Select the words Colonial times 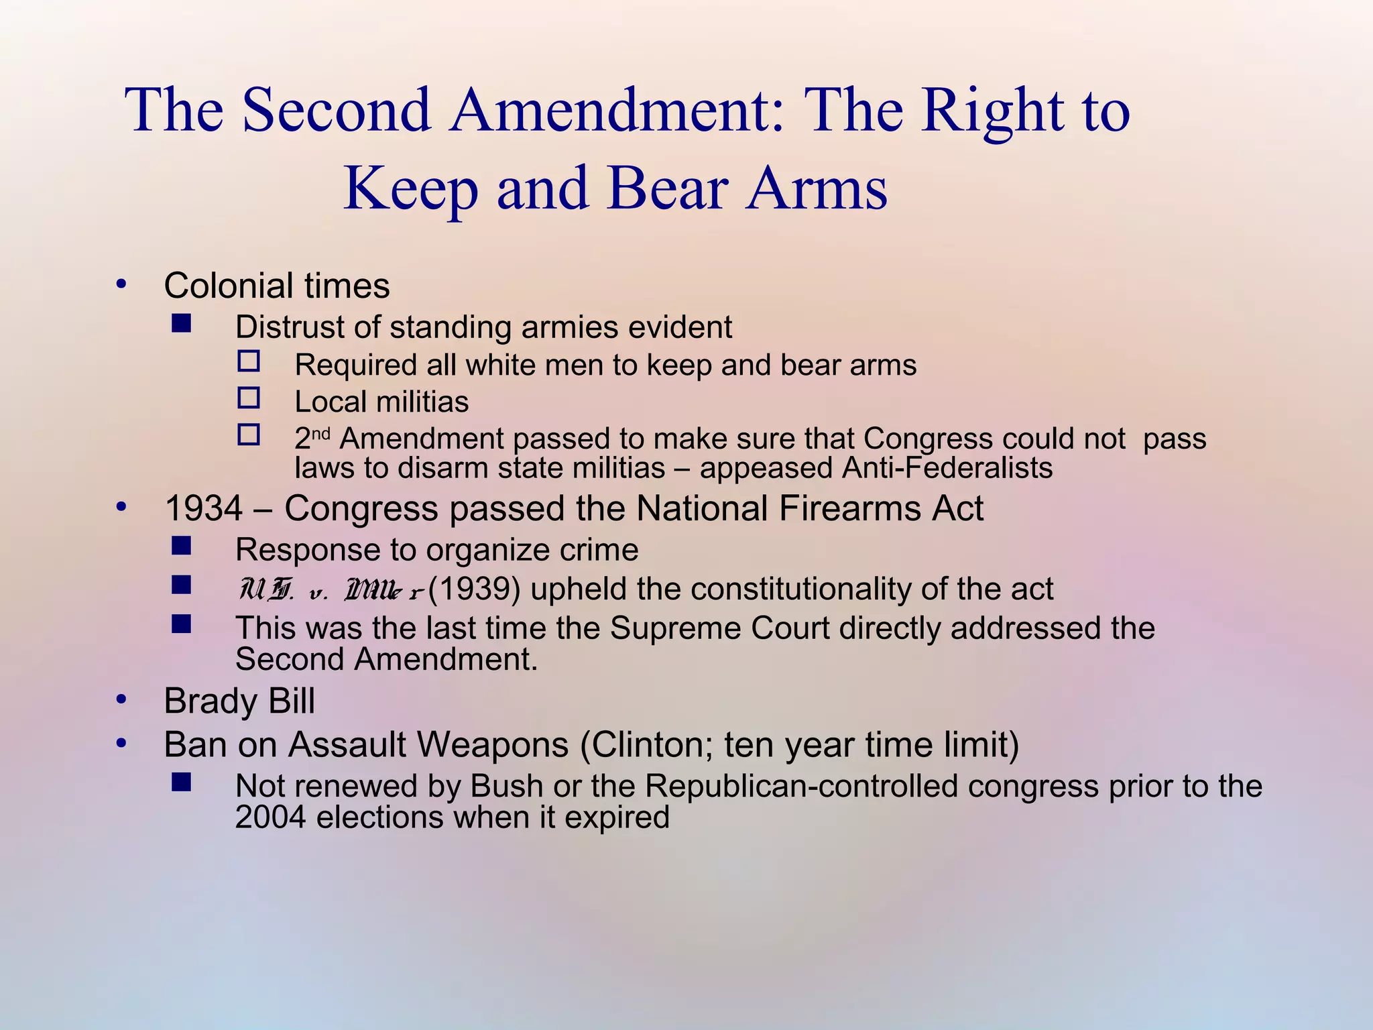tap(276, 286)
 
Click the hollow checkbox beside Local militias tap(249, 398)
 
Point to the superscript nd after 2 tap(322, 433)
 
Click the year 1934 tap(204, 508)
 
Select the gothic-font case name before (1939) tap(331, 590)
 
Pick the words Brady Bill tap(239, 701)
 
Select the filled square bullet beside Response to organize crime tap(181, 546)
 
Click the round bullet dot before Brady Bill tap(121, 700)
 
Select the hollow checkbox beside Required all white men tap(249, 361)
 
